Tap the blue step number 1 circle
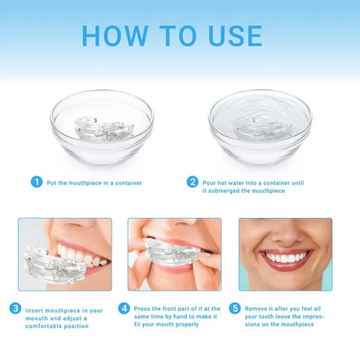tap(36, 182)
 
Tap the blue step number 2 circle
tap(193, 182)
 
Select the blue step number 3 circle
tap(16, 308)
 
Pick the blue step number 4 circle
tap(125, 308)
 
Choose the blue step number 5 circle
tap(234, 308)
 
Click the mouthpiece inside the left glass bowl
tap(101, 129)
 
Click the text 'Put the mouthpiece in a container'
tap(95, 183)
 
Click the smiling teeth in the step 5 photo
tap(286, 257)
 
